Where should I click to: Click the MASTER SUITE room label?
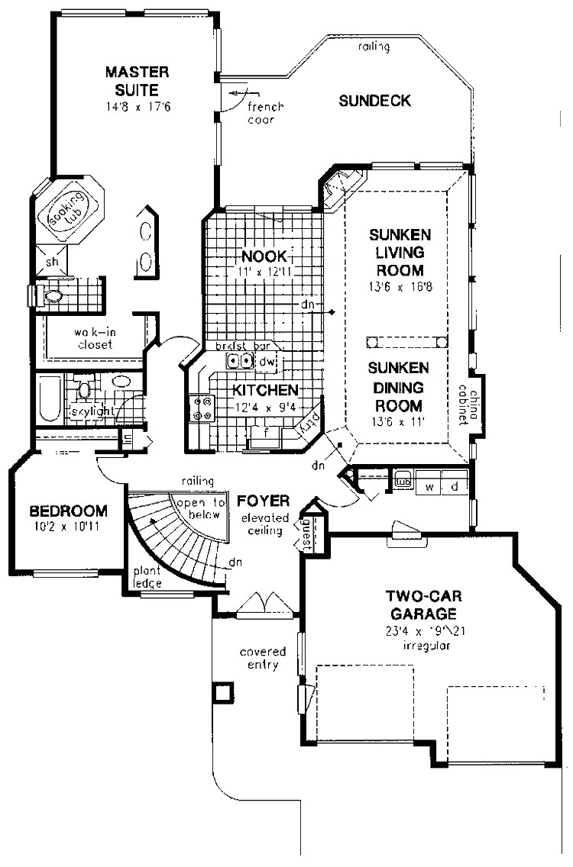click(138, 79)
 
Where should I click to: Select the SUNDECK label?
click(375, 101)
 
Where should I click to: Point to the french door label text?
click(265, 114)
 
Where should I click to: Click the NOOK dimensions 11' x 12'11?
click(264, 271)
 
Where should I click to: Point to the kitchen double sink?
click(241, 361)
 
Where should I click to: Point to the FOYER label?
click(262, 501)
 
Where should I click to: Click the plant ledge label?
click(147, 577)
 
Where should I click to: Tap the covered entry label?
click(262, 658)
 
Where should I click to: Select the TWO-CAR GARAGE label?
click(421, 604)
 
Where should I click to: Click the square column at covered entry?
click(223, 692)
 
